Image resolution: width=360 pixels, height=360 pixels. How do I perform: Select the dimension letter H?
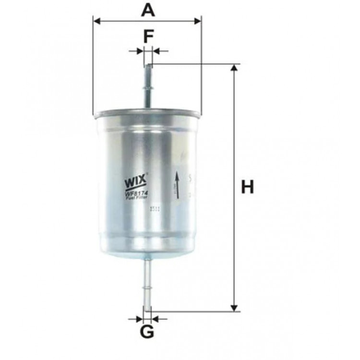[x=247, y=187]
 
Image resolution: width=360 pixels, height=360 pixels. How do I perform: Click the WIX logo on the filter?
[x=135, y=183]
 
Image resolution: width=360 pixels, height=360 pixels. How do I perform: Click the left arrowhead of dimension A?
[x=96, y=21]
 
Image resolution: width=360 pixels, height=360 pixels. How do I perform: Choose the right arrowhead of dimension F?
[x=156, y=50]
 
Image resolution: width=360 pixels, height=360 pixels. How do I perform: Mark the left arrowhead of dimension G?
[x=140, y=318]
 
